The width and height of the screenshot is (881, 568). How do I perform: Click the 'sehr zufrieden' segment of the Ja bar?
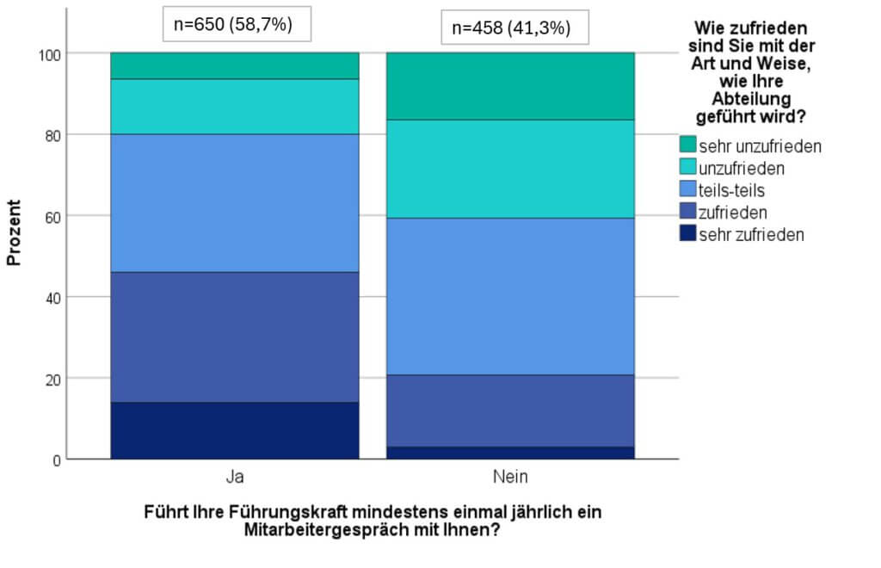pyautogui.click(x=235, y=430)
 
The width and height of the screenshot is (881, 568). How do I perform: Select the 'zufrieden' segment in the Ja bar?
pyautogui.click(x=235, y=337)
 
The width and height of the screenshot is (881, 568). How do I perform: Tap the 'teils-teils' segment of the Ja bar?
pyautogui.click(x=235, y=203)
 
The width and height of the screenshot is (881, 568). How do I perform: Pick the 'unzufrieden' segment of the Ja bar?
pyautogui.click(x=235, y=107)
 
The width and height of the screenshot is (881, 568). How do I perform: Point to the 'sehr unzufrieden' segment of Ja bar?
pyautogui.click(x=235, y=65)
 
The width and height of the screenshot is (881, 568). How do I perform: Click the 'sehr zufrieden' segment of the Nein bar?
pyautogui.click(x=511, y=453)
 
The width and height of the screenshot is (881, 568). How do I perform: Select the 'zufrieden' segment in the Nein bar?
pyautogui.click(x=511, y=411)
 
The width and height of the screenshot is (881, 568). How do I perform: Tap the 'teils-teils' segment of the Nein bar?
pyautogui.click(x=511, y=297)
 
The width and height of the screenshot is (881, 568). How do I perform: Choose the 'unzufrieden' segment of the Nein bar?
pyautogui.click(x=511, y=169)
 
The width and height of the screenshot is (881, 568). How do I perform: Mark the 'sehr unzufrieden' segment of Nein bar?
pyautogui.click(x=511, y=87)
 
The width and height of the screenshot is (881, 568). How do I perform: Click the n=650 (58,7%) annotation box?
pyautogui.click(x=237, y=24)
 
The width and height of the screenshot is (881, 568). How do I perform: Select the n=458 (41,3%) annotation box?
pyautogui.click(x=514, y=27)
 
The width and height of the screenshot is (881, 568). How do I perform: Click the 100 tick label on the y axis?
pyautogui.click(x=49, y=55)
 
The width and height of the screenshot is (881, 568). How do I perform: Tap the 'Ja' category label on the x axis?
pyautogui.click(x=235, y=477)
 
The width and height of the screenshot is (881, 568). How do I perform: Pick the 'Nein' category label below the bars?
pyautogui.click(x=510, y=477)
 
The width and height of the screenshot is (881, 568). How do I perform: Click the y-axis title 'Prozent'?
pyautogui.click(x=14, y=232)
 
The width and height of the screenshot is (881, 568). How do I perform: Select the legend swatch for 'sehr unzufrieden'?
pyautogui.click(x=687, y=144)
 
